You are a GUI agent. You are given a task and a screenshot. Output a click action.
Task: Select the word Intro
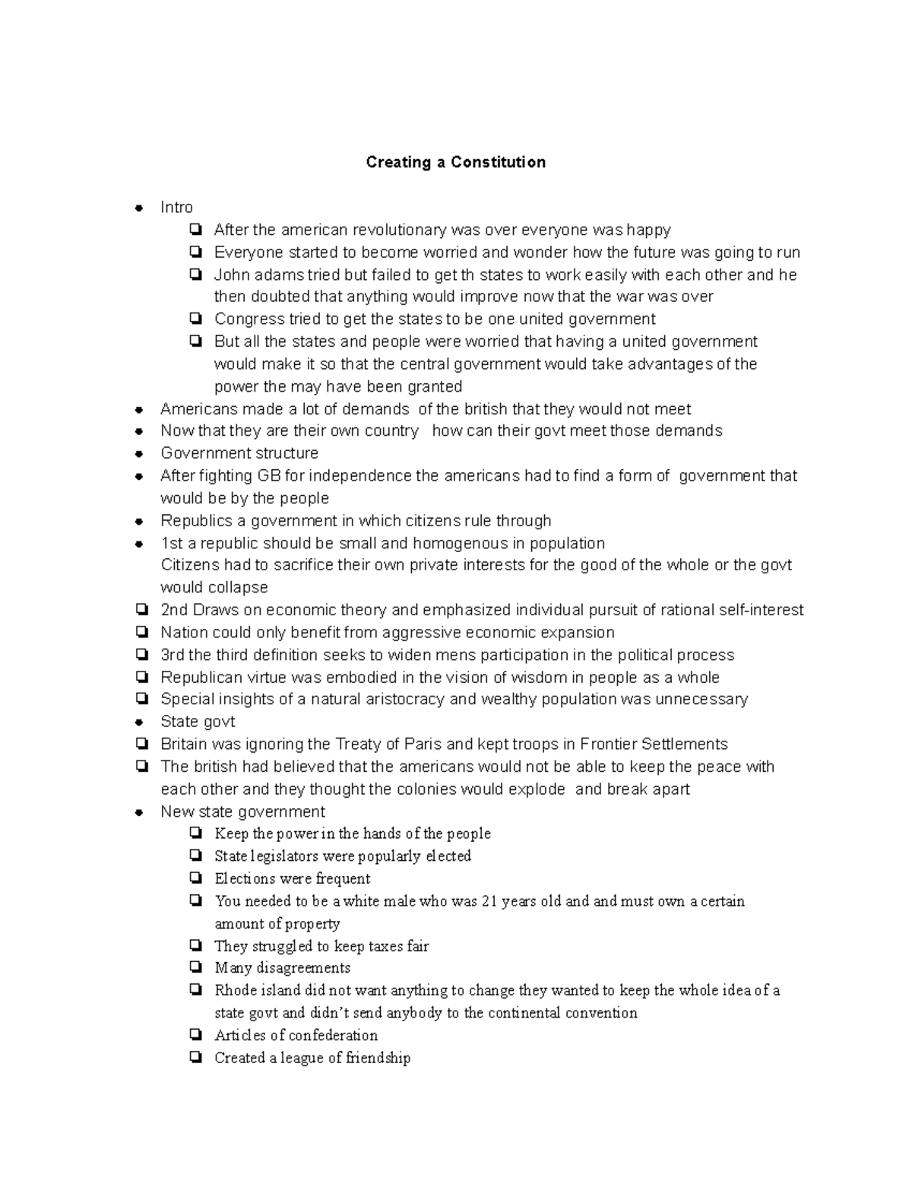pyautogui.click(x=176, y=208)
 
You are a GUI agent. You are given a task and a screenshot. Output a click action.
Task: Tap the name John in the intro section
pyautogui.click(x=231, y=275)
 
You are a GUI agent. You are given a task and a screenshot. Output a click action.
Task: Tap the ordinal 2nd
pyautogui.click(x=174, y=610)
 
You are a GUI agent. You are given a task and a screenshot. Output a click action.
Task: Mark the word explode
pyautogui.click(x=537, y=789)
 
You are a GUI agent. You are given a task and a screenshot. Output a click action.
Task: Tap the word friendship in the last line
pyautogui.click(x=378, y=1058)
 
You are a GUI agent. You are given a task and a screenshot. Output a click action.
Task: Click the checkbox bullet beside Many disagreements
pyautogui.click(x=197, y=968)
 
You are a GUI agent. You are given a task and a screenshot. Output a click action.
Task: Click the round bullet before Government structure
pyautogui.click(x=139, y=454)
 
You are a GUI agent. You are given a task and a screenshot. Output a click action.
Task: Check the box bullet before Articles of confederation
pyautogui.click(x=197, y=1035)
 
